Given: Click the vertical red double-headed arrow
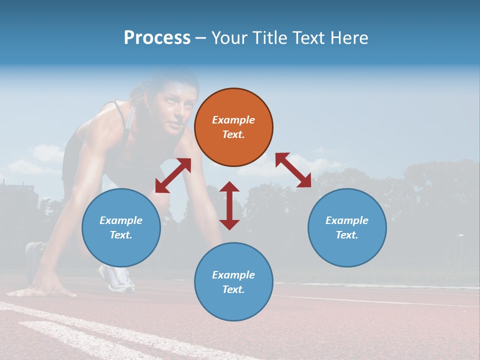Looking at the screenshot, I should (229, 205).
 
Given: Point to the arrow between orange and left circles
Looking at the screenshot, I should (173, 175).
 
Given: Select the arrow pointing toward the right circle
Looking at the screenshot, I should (293, 170).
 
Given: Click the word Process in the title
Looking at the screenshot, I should (157, 37).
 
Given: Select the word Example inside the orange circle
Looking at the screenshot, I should (233, 120).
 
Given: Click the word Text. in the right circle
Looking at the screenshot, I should (347, 235).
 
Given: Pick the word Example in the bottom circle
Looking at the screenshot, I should (233, 275).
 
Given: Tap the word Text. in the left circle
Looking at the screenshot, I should (121, 235).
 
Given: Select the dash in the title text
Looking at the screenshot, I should (200, 38).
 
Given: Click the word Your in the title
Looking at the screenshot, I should (228, 37).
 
